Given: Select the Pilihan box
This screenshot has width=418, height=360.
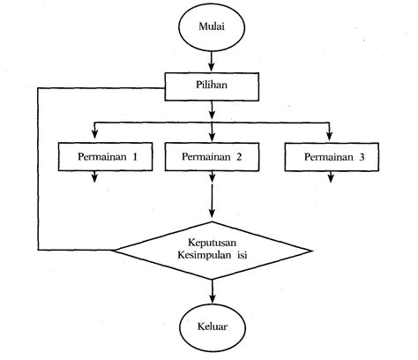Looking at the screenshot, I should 212,86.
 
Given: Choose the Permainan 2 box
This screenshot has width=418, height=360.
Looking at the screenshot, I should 212,156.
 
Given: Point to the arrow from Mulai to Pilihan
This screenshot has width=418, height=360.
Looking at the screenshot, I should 212,63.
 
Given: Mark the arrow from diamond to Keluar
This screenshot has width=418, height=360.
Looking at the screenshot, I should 212,291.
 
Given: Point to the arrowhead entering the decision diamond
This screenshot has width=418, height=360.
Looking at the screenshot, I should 212,214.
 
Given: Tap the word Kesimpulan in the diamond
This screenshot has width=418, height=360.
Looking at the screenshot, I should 200,256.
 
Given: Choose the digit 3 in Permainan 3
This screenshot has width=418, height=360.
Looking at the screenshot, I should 360,156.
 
